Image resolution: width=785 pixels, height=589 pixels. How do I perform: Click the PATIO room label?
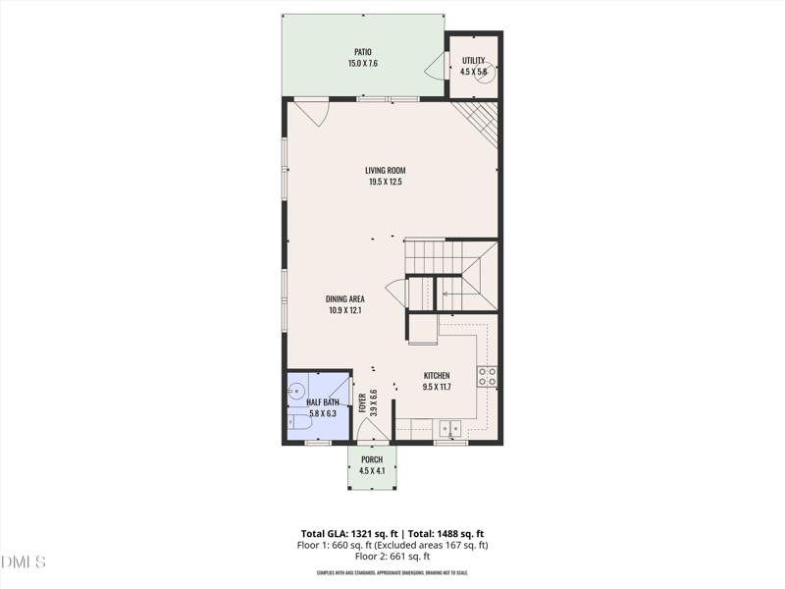click(363, 52)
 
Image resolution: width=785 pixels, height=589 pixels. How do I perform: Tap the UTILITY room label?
click(473, 61)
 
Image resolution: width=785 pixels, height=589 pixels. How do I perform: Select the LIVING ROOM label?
click(385, 170)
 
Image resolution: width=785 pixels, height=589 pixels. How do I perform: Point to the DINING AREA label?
click(345, 298)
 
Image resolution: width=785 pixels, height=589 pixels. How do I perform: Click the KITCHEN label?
click(437, 376)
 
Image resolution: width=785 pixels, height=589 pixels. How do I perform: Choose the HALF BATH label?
click(322, 402)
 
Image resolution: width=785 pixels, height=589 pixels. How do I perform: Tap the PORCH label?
click(372, 460)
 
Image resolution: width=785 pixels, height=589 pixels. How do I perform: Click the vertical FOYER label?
click(362, 402)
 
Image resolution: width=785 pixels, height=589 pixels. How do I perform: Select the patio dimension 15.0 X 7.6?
click(363, 64)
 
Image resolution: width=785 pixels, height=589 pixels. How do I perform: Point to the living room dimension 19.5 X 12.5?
click(385, 182)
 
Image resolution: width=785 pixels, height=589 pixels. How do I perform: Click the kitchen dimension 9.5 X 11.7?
click(437, 388)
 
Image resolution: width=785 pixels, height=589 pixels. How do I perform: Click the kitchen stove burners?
click(487, 376)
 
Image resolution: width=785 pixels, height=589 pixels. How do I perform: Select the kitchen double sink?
click(451, 428)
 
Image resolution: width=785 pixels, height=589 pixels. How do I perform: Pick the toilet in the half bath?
click(298, 422)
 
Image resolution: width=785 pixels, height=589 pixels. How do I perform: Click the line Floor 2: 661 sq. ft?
click(392, 557)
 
